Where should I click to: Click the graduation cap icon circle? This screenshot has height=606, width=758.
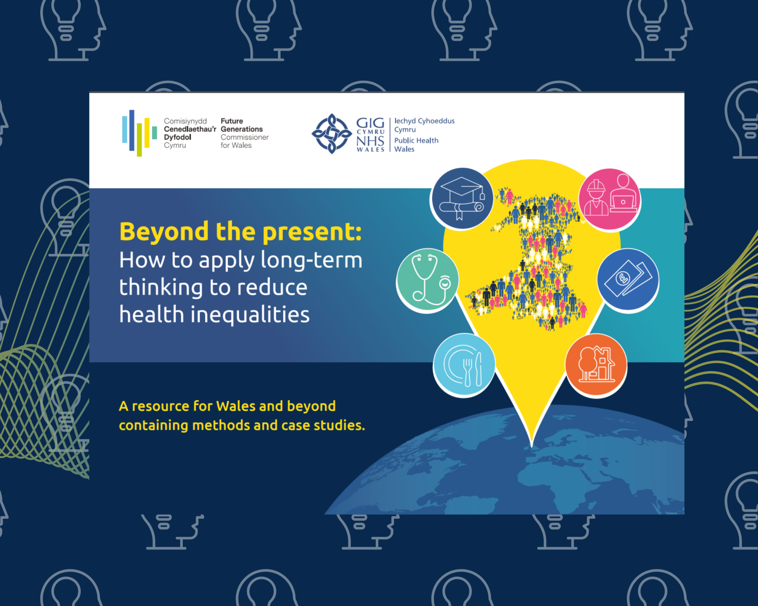point(462,198)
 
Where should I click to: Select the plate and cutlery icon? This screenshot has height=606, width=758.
point(464,365)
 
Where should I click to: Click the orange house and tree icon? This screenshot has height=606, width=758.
point(596,365)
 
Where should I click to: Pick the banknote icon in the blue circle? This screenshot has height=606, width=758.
point(628,279)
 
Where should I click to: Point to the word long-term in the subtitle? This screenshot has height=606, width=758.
point(311,260)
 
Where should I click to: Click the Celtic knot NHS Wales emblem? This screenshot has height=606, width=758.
point(332,134)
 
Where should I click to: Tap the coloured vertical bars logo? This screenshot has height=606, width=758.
point(139,133)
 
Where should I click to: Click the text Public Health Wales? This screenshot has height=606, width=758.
point(416,145)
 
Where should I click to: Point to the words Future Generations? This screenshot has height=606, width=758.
point(241,125)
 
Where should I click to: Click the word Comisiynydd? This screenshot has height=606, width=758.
point(185,121)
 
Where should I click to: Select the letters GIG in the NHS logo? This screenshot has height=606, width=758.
point(370,123)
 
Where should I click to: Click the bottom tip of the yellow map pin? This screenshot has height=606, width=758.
point(532,444)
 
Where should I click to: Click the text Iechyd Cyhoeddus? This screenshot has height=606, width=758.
point(424,121)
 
